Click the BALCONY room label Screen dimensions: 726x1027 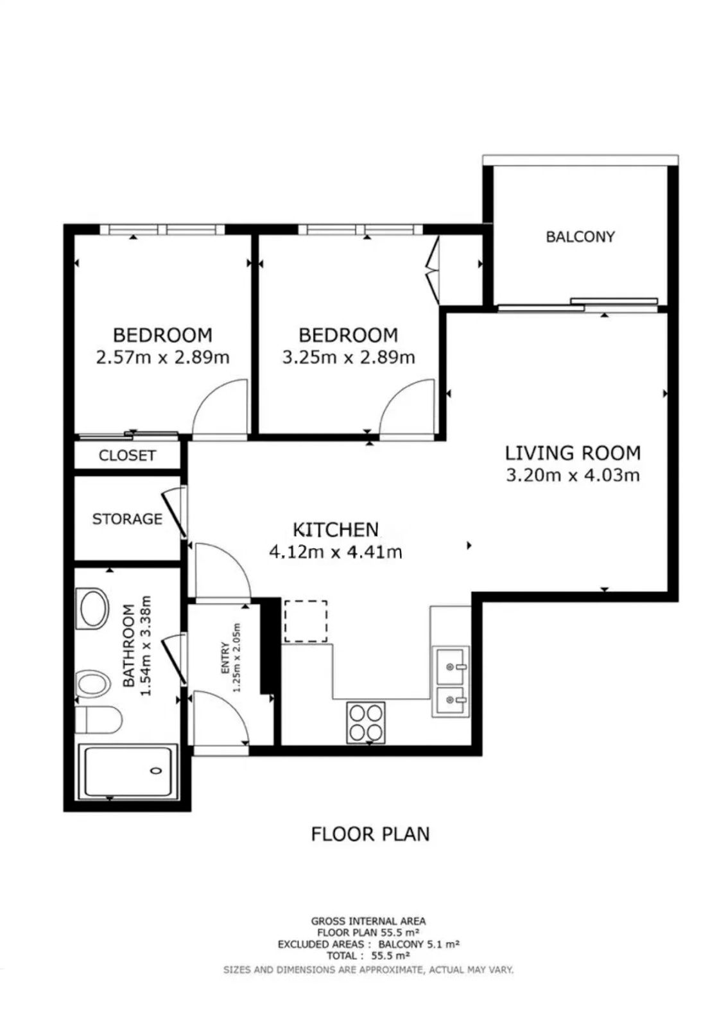tap(580, 237)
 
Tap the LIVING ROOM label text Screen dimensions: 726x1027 tap(573, 453)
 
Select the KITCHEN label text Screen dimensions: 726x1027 tap(336, 530)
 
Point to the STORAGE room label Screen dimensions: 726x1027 tap(127, 519)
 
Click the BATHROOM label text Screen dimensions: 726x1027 tap(129, 646)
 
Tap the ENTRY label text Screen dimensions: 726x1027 tap(225, 658)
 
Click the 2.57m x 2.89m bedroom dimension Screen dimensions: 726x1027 tap(162, 357)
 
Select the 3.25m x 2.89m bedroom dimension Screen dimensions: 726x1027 tap(348, 357)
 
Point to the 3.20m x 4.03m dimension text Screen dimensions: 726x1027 tap(573, 475)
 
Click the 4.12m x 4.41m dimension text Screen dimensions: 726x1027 tap(336, 552)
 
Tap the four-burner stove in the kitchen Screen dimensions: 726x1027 tap(365, 723)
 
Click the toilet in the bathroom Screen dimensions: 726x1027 tap(98, 720)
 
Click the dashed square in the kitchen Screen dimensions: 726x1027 tap(306, 621)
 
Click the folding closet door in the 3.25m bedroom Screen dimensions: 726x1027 tap(433, 270)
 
